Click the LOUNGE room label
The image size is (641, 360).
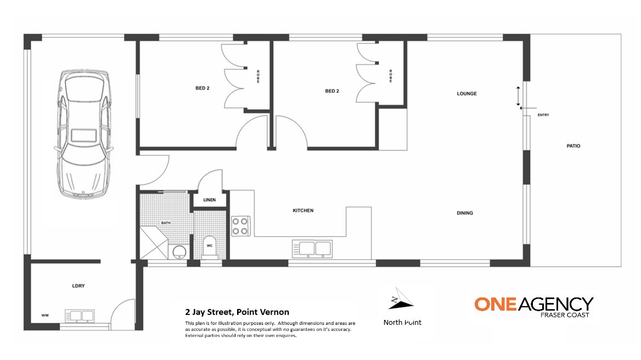pyautogui.click(x=466, y=94)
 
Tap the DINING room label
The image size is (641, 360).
pyautogui.click(x=465, y=213)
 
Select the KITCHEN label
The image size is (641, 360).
pyautogui.click(x=303, y=210)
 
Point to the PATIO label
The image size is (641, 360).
pyautogui.click(x=573, y=146)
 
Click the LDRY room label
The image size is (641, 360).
pyautogui.click(x=78, y=286)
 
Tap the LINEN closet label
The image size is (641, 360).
pyautogui.click(x=209, y=200)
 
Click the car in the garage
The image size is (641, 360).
pyautogui.click(x=84, y=134)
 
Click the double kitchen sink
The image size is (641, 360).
pyautogui.click(x=312, y=249)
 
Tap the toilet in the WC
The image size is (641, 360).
pyautogui.click(x=209, y=246)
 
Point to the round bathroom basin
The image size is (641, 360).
pyautogui.click(x=179, y=251)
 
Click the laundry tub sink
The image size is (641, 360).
pyautogui.click(x=80, y=316)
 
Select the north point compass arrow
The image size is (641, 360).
pyautogui.click(x=400, y=299)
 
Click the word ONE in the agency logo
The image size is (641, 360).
pyautogui.click(x=496, y=305)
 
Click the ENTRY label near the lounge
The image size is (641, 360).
pyautogui.click(x=543, y=115)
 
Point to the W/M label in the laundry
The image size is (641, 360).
pyautogui.click(x=45, y=316)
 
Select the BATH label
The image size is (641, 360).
pyautogui.click(x=166, y=223)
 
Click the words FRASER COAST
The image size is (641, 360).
pyautogui.click(x=565, y=315)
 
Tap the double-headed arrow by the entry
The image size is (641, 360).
pyautogui.click(x=519, y=97)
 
